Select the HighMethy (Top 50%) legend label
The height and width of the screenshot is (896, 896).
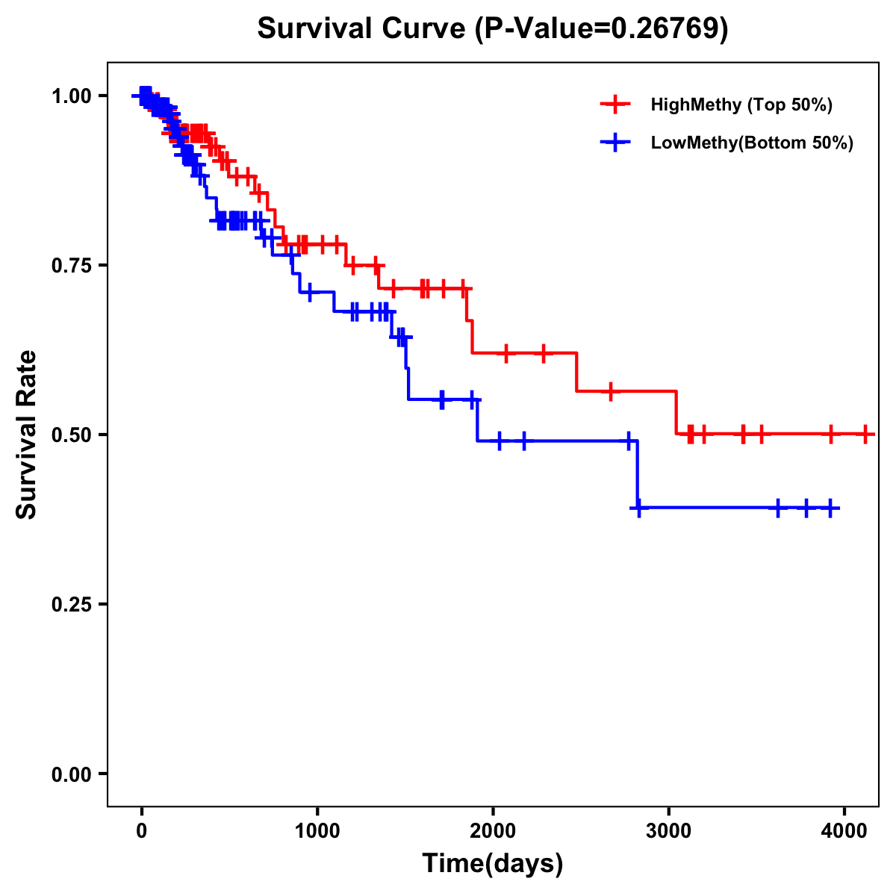tap(741, 105)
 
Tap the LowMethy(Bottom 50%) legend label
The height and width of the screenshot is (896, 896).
tap(752, 143)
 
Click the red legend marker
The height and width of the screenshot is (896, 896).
tap(615, 105)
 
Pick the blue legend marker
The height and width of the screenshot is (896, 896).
tap(615, 143)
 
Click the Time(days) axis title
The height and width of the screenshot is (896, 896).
tap(493, 864)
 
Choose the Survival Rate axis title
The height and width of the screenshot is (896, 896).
tap(27, 435)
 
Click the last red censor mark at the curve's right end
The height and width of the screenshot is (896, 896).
tap(865, 434)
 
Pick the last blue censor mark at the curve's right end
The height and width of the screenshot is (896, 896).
tap(830, 508)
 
